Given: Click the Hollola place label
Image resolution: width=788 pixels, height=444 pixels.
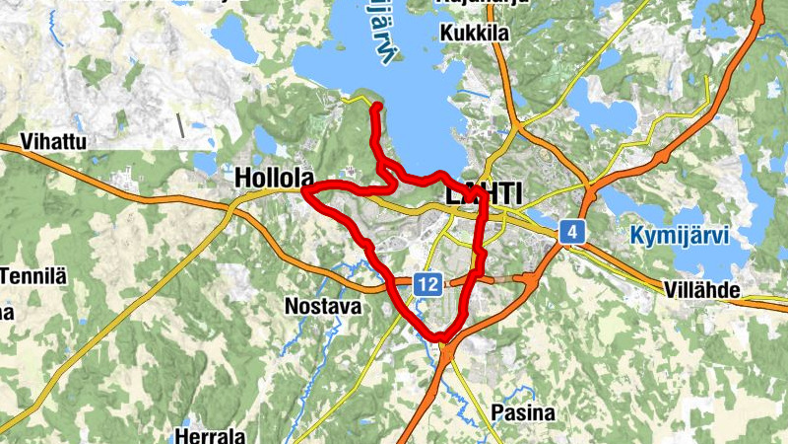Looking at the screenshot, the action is (x=275, y=179).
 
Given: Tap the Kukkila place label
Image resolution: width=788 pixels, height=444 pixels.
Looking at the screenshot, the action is (x=476, y=34).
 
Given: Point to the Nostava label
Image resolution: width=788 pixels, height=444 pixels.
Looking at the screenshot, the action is (x=322, y=306).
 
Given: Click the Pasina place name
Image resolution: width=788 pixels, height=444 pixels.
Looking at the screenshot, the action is (x=523, y=412).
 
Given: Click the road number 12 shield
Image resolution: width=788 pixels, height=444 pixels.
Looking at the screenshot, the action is (x=427, y=284).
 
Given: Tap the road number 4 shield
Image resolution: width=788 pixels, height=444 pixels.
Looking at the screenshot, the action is (x=572, y=233).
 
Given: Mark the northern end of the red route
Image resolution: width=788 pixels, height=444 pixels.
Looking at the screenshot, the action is (x=376, y=105).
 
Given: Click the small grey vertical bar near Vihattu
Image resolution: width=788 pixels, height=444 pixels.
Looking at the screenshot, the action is (x=180, y=125).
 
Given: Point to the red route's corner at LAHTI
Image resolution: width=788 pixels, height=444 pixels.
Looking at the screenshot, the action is (x=486, y=195).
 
